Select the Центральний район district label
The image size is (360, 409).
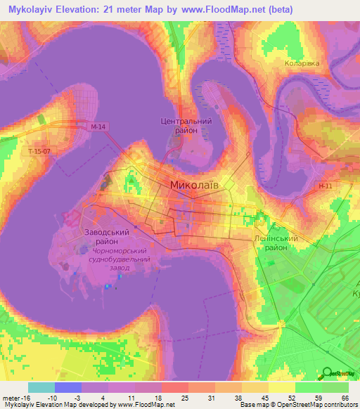pos(183,126)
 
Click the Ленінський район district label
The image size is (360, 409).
pos(273,243)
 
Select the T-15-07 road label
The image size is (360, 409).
pos(40,151)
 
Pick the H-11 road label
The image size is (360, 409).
pos(324,186)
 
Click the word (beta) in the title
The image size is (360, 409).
pos(276,10)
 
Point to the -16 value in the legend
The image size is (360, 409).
pos(20,398)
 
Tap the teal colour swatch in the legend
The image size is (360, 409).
pos(41,387)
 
